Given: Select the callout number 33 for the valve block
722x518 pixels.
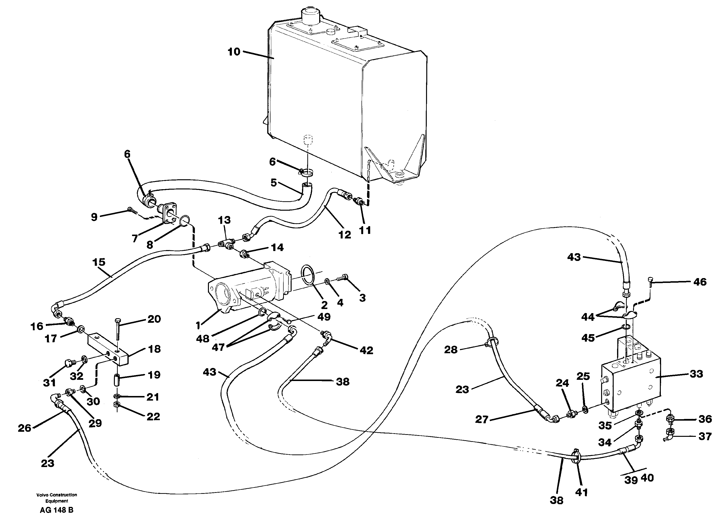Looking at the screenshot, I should pyautogui.click(x=696, y=374).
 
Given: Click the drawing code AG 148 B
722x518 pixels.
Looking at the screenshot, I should pyautogui.click(x=56, y=510).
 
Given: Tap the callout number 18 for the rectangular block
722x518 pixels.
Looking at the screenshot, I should pyautogui.click(x=155, y=349).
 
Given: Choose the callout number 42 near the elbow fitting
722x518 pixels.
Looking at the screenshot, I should pyautogui.click(x=366, y=350).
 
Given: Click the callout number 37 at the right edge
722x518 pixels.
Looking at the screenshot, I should pyautogui.click(x=705, y=436).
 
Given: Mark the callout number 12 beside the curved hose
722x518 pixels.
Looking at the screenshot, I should pyautogui.click(x=345, y=235).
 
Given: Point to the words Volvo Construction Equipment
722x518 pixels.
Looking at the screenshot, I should pyautogui.click(x=56, y=498).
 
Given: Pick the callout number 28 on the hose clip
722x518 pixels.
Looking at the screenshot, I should pyautogui.click(x=451, y=350).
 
